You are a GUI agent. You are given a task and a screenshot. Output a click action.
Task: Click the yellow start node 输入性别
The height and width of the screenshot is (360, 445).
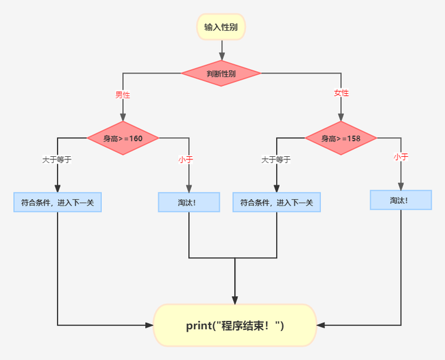pos(221,27)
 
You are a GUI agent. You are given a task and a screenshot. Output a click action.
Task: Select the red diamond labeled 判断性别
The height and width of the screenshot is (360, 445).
pos(221,73)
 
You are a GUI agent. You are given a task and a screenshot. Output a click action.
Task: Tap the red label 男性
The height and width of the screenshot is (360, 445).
pos(122,95)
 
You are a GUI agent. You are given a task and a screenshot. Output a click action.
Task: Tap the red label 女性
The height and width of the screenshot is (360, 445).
pos(341,93)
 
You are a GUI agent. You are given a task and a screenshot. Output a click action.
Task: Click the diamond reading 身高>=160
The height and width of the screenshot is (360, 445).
pos(123,138)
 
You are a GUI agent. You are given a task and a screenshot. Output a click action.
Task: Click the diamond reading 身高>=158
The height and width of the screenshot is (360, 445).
pos(341,138)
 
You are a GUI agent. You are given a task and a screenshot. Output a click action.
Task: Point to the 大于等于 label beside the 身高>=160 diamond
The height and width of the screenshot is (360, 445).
pos(57,159)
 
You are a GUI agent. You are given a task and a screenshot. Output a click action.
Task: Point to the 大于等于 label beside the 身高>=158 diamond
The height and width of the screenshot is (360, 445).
pos(276,159)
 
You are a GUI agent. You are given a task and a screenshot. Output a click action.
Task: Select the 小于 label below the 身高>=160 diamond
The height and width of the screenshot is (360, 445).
pos(186,159)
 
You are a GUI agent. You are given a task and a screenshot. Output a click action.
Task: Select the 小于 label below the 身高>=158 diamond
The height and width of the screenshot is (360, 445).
pos(401,157)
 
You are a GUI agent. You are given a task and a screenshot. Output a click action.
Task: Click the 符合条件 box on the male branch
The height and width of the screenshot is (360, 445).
pos(57,203)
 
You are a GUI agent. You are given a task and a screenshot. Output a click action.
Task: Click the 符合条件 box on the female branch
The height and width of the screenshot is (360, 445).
pos(276,203)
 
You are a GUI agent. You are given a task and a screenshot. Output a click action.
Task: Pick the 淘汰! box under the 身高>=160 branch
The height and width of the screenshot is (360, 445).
pos(189,203)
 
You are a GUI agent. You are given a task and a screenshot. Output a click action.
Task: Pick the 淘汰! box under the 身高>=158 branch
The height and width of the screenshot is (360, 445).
pos(400,200)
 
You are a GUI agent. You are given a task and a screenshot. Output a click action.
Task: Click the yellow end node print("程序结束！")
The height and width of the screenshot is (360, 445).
pos(235,325)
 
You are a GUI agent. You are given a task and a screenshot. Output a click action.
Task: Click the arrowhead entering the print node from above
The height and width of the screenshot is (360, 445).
pos(235,299)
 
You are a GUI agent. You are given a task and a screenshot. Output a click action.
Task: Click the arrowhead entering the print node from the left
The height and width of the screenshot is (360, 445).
pos(149,325)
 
